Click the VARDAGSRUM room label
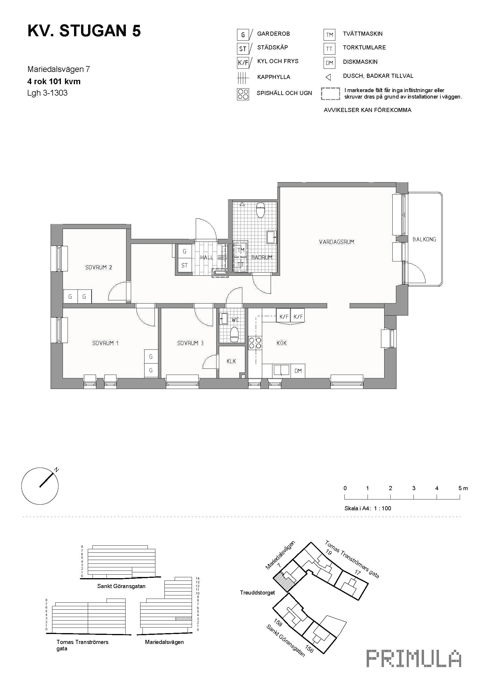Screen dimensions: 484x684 (337, 242)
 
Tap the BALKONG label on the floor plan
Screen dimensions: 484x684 (424, 239)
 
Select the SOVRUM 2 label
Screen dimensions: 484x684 (99, 267)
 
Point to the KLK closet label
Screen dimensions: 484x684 (231, 361)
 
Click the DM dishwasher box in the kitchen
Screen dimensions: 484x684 (298, 371)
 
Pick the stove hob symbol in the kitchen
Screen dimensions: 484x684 (255, 343)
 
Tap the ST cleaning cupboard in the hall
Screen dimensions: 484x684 (184, 265)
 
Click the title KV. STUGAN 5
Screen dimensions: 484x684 (84, 31)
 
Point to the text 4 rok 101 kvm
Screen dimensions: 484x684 (54, 81)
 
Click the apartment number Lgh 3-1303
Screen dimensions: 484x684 (47, 93)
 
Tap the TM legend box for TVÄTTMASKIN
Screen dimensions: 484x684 (329, 35)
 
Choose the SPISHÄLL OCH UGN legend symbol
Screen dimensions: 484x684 (243, 94)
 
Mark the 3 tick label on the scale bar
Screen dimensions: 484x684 (414, 488)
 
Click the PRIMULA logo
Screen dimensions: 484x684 (414, 658)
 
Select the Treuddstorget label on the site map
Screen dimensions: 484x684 (258, 592)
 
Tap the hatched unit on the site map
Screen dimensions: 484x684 (284, 582)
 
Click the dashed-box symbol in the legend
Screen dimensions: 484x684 (330, 94)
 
